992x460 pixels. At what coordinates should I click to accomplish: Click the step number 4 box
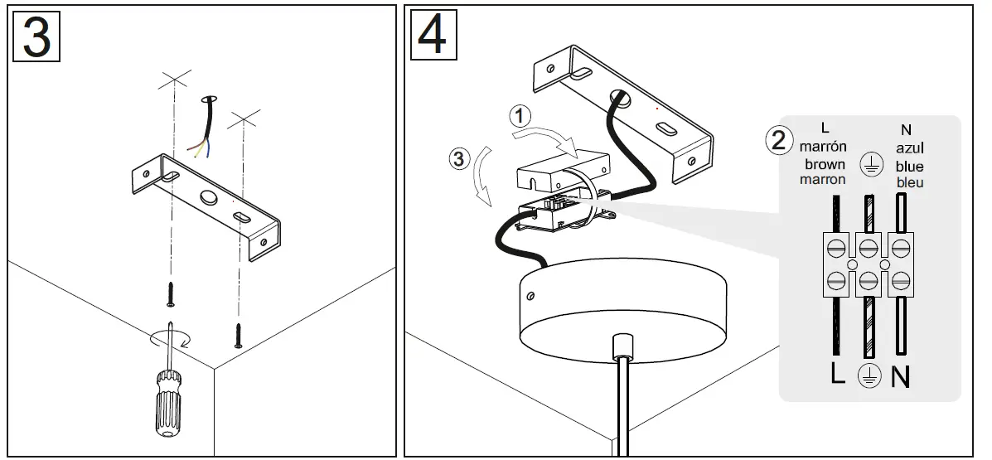(432, 36)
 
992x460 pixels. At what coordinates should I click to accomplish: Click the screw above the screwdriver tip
(172, 291)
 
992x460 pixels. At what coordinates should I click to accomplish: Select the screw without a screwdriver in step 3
(239, 333)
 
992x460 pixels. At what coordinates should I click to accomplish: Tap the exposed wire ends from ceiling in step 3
(199, 148)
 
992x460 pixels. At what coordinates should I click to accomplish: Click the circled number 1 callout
(520, 116)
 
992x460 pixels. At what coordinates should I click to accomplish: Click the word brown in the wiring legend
(823, 164)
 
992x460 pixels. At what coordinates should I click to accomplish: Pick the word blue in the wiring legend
(908, 167)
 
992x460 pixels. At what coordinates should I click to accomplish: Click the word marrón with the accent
(823, 147)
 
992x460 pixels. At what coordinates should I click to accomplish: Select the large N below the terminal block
(901, 377)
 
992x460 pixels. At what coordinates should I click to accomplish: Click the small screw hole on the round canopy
(531, 295)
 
